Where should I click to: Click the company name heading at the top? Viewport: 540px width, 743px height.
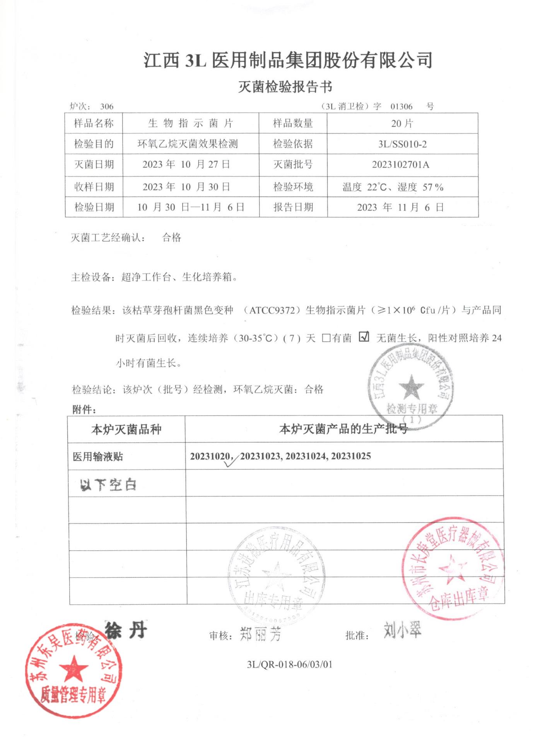288,60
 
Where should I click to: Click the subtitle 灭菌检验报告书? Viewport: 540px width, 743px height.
285,87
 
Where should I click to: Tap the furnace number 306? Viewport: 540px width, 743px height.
107,106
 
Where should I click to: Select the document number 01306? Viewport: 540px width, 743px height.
401,106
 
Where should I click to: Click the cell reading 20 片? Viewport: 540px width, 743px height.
402,123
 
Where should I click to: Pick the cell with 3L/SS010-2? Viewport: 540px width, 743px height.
402,144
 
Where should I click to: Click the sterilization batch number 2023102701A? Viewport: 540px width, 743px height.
400,164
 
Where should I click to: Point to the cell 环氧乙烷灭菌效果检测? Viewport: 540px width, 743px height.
188,144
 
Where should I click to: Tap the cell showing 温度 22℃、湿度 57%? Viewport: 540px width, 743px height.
393,187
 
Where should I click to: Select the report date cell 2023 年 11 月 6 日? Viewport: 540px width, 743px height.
400,207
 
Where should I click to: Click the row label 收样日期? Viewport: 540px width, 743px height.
94,187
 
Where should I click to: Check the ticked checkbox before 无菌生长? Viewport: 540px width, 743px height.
364,337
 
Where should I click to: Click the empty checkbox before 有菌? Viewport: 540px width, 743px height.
326,338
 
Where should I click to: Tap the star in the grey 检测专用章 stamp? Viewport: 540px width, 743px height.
411,387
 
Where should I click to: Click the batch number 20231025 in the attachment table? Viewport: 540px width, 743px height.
351,456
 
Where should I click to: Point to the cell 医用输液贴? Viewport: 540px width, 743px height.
98,457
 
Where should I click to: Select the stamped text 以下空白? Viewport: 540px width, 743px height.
108,484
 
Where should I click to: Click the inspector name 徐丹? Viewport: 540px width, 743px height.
126,630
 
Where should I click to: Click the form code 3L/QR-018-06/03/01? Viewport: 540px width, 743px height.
289,664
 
